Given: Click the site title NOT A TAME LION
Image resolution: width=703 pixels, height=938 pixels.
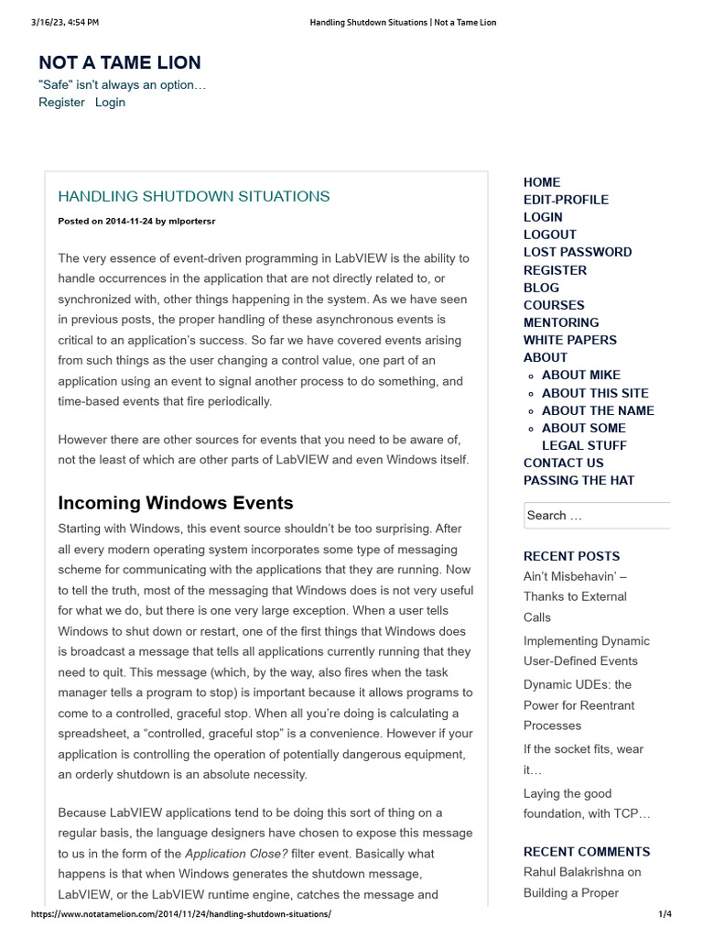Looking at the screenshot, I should click(120, 62).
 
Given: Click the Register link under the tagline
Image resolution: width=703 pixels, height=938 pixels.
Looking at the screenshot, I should click(61, 103).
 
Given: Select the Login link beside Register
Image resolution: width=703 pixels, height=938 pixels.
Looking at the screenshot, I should click(110, 103).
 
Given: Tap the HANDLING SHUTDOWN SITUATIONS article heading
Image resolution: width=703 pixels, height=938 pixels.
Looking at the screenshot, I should click(194, 196).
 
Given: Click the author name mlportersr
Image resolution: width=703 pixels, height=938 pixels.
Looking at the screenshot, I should click(192, 221).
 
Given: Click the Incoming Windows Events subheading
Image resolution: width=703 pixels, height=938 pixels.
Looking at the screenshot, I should click(176, 502).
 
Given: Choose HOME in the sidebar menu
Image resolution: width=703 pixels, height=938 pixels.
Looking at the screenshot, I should click(542, 182).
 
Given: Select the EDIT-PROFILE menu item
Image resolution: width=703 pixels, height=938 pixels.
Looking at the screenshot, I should click(566, 200).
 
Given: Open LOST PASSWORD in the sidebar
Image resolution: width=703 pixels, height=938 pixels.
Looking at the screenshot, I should click(578, 252).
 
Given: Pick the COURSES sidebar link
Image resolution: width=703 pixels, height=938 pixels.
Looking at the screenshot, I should click(554, 305).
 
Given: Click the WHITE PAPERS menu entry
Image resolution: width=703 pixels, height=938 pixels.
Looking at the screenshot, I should click(570, 340).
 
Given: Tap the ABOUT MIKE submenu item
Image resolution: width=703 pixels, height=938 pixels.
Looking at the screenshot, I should click(581, 375).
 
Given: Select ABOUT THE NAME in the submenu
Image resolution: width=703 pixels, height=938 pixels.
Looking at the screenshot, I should click(598, 410).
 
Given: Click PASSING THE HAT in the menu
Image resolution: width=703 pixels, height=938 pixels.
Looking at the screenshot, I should click(579, 480).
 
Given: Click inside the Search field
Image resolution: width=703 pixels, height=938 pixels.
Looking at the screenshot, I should click(595, 516).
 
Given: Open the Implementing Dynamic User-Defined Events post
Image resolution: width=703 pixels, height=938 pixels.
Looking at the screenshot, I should click(586, 650).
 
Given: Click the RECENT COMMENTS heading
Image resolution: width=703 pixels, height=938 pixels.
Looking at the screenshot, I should click(587, 851).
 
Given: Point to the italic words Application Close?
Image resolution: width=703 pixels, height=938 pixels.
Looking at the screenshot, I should click(236, 854).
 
